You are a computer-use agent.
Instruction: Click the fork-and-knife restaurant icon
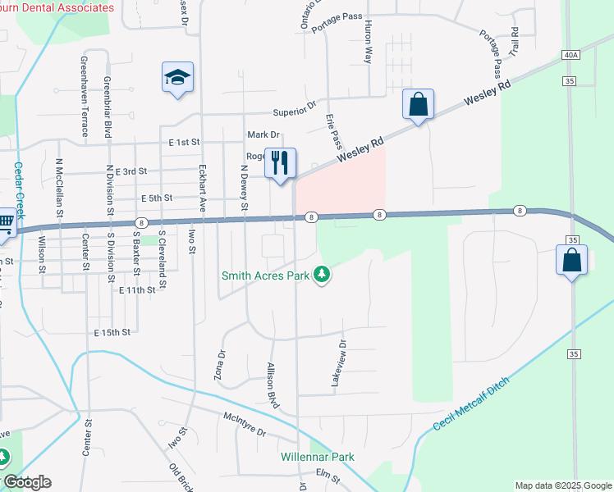click(280, 163)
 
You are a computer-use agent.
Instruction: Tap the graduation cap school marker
click(178, 78)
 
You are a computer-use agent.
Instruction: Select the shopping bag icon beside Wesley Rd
click(418, 105)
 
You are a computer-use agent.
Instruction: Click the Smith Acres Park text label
click(265, 276)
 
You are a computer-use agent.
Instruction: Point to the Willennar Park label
click(317, 457)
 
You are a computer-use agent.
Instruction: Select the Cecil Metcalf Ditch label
click(471, 405)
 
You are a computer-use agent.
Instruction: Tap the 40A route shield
click(572, 55)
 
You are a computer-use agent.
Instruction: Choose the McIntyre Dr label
click(245, 424)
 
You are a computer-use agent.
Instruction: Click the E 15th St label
click(112, 332)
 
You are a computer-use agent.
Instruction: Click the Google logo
click(27, 482)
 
